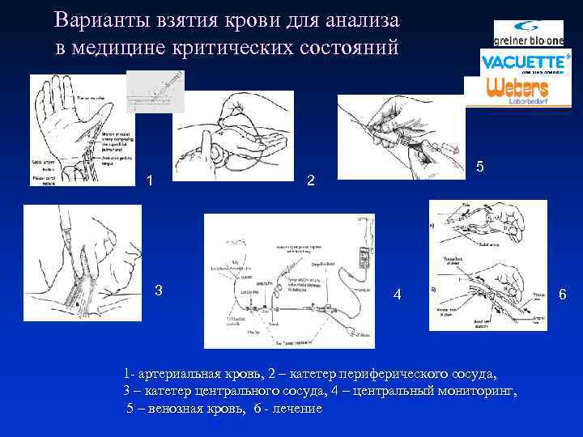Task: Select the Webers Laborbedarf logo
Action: tap(517, 89)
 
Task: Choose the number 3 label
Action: tap(159, 291)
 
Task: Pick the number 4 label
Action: tap(397, 295)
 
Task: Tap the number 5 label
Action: tap(480, 167)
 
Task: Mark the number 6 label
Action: tap(562, 295)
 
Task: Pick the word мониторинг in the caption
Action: tap(477, 392)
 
